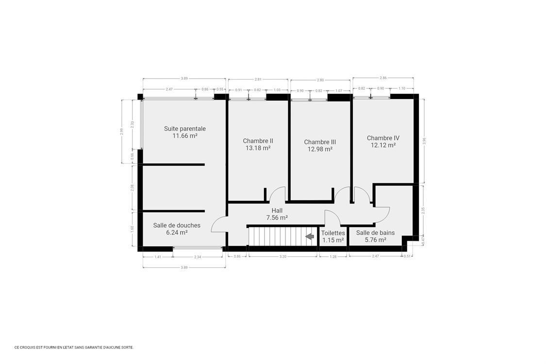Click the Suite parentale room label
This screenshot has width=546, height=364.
coord(185,129)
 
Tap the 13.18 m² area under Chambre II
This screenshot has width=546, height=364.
coord(258,148)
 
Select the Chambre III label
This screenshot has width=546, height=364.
coord(320,142)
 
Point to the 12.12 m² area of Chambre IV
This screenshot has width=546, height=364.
coord(383,145)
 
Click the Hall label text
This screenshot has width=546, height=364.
coord(277,210)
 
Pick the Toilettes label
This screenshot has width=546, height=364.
coord(333,232)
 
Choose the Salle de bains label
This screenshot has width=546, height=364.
coord(375,232)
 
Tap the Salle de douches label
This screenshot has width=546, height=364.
coord(177,225)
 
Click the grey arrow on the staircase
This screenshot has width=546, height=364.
coord(310,236)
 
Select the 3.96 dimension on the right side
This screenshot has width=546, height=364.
coord(424,141)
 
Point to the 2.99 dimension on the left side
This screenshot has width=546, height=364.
coord(121,132)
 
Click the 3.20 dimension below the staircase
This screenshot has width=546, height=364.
coord(283,256)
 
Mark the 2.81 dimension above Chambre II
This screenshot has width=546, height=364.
coord(258,79)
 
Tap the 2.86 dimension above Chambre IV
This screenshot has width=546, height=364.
coord(383,78)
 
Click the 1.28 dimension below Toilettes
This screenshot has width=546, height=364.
coord(333,256)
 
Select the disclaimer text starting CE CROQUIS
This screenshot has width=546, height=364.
coord(74,347)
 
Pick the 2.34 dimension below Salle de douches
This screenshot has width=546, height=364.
coord(198,257)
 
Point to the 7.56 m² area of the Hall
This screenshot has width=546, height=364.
coord(277,218)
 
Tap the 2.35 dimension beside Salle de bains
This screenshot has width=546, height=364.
coord(423,211)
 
